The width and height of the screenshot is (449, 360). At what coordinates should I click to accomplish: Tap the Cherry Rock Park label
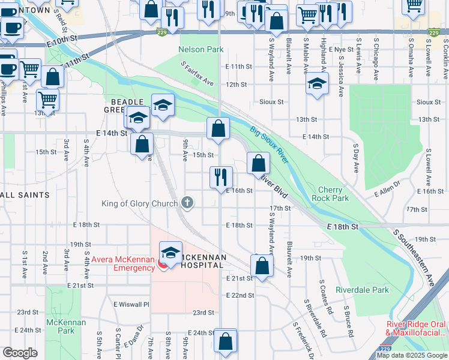[x=330, y=193]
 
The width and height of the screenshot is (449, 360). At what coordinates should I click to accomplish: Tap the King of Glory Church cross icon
[x=187, y=203]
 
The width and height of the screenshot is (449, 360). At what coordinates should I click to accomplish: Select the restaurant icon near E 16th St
[x=221, y=176]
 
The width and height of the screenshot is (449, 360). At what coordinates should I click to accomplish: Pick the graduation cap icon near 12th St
[x=317, y=83]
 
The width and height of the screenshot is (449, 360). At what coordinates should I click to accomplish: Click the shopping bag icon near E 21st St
[x=262, y=265]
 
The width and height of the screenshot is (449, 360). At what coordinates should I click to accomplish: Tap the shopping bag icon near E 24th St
[x=226, y=341]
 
